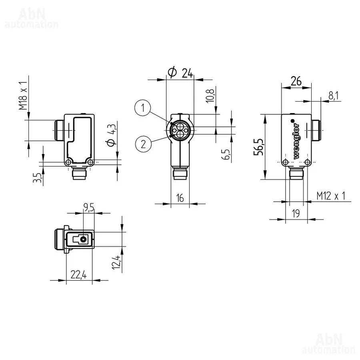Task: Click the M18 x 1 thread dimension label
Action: (23, 96)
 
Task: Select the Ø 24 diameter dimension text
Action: (180, 73)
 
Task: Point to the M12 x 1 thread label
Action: (331, 196)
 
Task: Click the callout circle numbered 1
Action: (143, 108)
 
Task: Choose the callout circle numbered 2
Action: (143, 144)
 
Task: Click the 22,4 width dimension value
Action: (78, 274)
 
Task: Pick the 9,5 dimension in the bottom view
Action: (89, 208)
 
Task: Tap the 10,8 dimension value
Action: (210, 95)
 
